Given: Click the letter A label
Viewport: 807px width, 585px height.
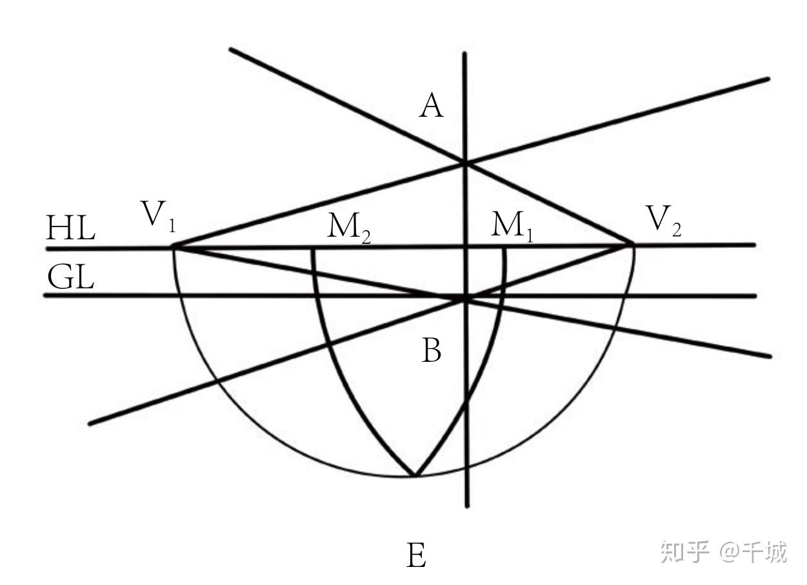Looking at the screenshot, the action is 432,106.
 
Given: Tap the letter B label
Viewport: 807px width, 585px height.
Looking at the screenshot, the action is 432,352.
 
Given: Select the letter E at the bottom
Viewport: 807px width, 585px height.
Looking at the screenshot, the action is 417,555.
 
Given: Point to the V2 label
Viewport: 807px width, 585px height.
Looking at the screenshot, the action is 664,221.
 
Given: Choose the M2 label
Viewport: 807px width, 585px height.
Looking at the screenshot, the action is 349,227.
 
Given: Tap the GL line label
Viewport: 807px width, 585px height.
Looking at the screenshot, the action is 71,278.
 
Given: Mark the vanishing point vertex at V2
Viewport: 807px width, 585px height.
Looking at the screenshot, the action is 632,244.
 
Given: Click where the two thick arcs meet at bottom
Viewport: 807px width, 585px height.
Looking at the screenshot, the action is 414,476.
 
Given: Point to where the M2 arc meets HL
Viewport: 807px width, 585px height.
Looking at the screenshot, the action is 314,247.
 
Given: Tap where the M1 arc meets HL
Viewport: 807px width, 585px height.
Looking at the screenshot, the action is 504,246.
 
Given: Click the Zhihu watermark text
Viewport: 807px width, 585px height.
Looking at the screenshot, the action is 723,552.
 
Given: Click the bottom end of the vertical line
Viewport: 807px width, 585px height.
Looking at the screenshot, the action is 467,506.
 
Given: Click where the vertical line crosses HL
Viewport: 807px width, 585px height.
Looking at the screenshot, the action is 465,246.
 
